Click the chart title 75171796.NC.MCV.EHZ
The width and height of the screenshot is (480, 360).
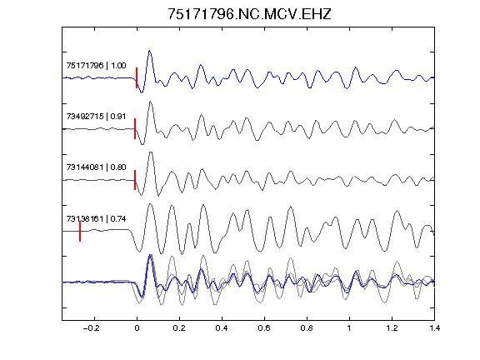[x=249, y=14]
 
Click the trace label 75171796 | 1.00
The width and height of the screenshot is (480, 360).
[x=96, y=66]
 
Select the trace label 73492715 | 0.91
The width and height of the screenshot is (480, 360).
[x=96, y=117]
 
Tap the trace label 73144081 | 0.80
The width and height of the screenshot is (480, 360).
[x=96, y=167]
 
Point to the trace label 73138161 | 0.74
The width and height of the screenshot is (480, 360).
[x=96, y=219]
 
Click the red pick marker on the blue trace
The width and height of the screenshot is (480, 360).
[x=137, y=77]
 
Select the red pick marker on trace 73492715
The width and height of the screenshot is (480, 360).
[x=135, y=129]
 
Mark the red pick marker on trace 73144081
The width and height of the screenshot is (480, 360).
[x=135, y=180]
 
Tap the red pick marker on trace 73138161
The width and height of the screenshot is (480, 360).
[x=80, y=231]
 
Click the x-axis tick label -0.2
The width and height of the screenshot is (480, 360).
[x=92, y=328]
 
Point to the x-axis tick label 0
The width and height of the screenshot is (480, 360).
[x=137, y=328]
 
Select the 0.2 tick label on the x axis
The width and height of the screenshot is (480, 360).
[x=179, y=328]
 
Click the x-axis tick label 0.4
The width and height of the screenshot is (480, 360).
[x=222, y=328]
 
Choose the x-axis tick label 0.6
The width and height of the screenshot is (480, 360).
[x=264, y=328]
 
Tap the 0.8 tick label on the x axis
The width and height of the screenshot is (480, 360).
[x=307, y=328]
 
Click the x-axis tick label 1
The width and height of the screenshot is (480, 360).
[x=349, y=328]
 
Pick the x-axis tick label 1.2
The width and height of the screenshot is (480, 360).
[x=392, y=328]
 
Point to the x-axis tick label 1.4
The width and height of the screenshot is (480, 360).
[x=434, y=328]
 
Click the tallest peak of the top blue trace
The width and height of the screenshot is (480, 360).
[x=149, y=51]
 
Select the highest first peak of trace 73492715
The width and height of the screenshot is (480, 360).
[x=150, y=102]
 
